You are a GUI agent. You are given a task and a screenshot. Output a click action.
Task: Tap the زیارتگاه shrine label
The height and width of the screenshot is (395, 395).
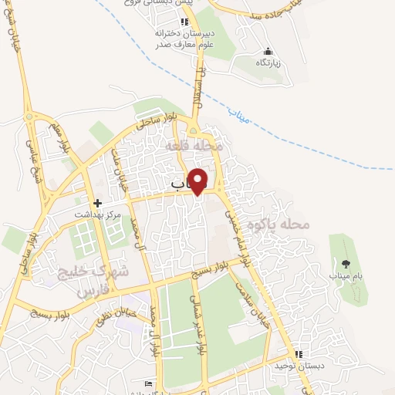point(268,62)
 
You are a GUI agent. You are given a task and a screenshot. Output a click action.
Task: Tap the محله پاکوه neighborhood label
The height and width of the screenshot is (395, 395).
point(279,225)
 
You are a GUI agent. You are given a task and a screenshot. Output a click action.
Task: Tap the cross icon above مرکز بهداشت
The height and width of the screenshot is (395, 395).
point(98,202)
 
